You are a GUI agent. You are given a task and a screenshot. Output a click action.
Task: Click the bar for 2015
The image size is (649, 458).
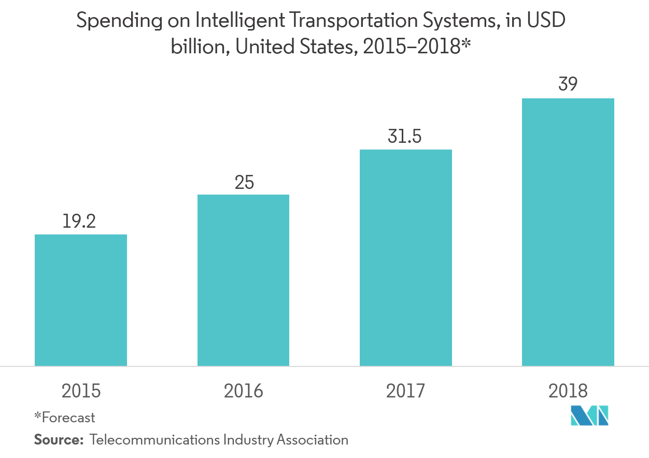[81, 300]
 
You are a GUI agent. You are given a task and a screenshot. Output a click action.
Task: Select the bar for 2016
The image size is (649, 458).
[243, 280]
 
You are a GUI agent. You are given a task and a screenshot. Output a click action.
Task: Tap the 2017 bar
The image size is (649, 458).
[405, 258]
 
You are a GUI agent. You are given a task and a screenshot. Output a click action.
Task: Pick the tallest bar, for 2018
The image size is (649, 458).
[568, 232]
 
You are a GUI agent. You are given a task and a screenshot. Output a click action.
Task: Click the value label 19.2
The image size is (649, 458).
[80, 221]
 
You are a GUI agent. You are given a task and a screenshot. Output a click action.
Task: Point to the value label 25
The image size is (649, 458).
[244, 182]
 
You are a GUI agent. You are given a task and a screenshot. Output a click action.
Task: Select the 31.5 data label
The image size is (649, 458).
[405, 137]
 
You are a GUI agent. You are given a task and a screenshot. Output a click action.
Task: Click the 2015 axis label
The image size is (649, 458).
[81, 391]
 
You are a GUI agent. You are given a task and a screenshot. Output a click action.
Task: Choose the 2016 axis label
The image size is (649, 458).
[243, 391]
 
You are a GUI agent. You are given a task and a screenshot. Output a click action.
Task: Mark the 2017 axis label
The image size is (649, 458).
[405, 391]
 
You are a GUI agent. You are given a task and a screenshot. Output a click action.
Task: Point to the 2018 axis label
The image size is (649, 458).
[568, 391]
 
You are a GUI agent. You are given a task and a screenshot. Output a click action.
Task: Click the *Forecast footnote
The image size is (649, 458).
[65, 417]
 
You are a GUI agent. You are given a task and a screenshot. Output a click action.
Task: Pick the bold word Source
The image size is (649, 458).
[58, 440]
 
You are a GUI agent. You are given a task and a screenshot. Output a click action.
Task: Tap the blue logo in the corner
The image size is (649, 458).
[589, 416]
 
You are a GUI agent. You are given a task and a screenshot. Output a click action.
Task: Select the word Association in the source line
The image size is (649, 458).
[312, 440]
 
